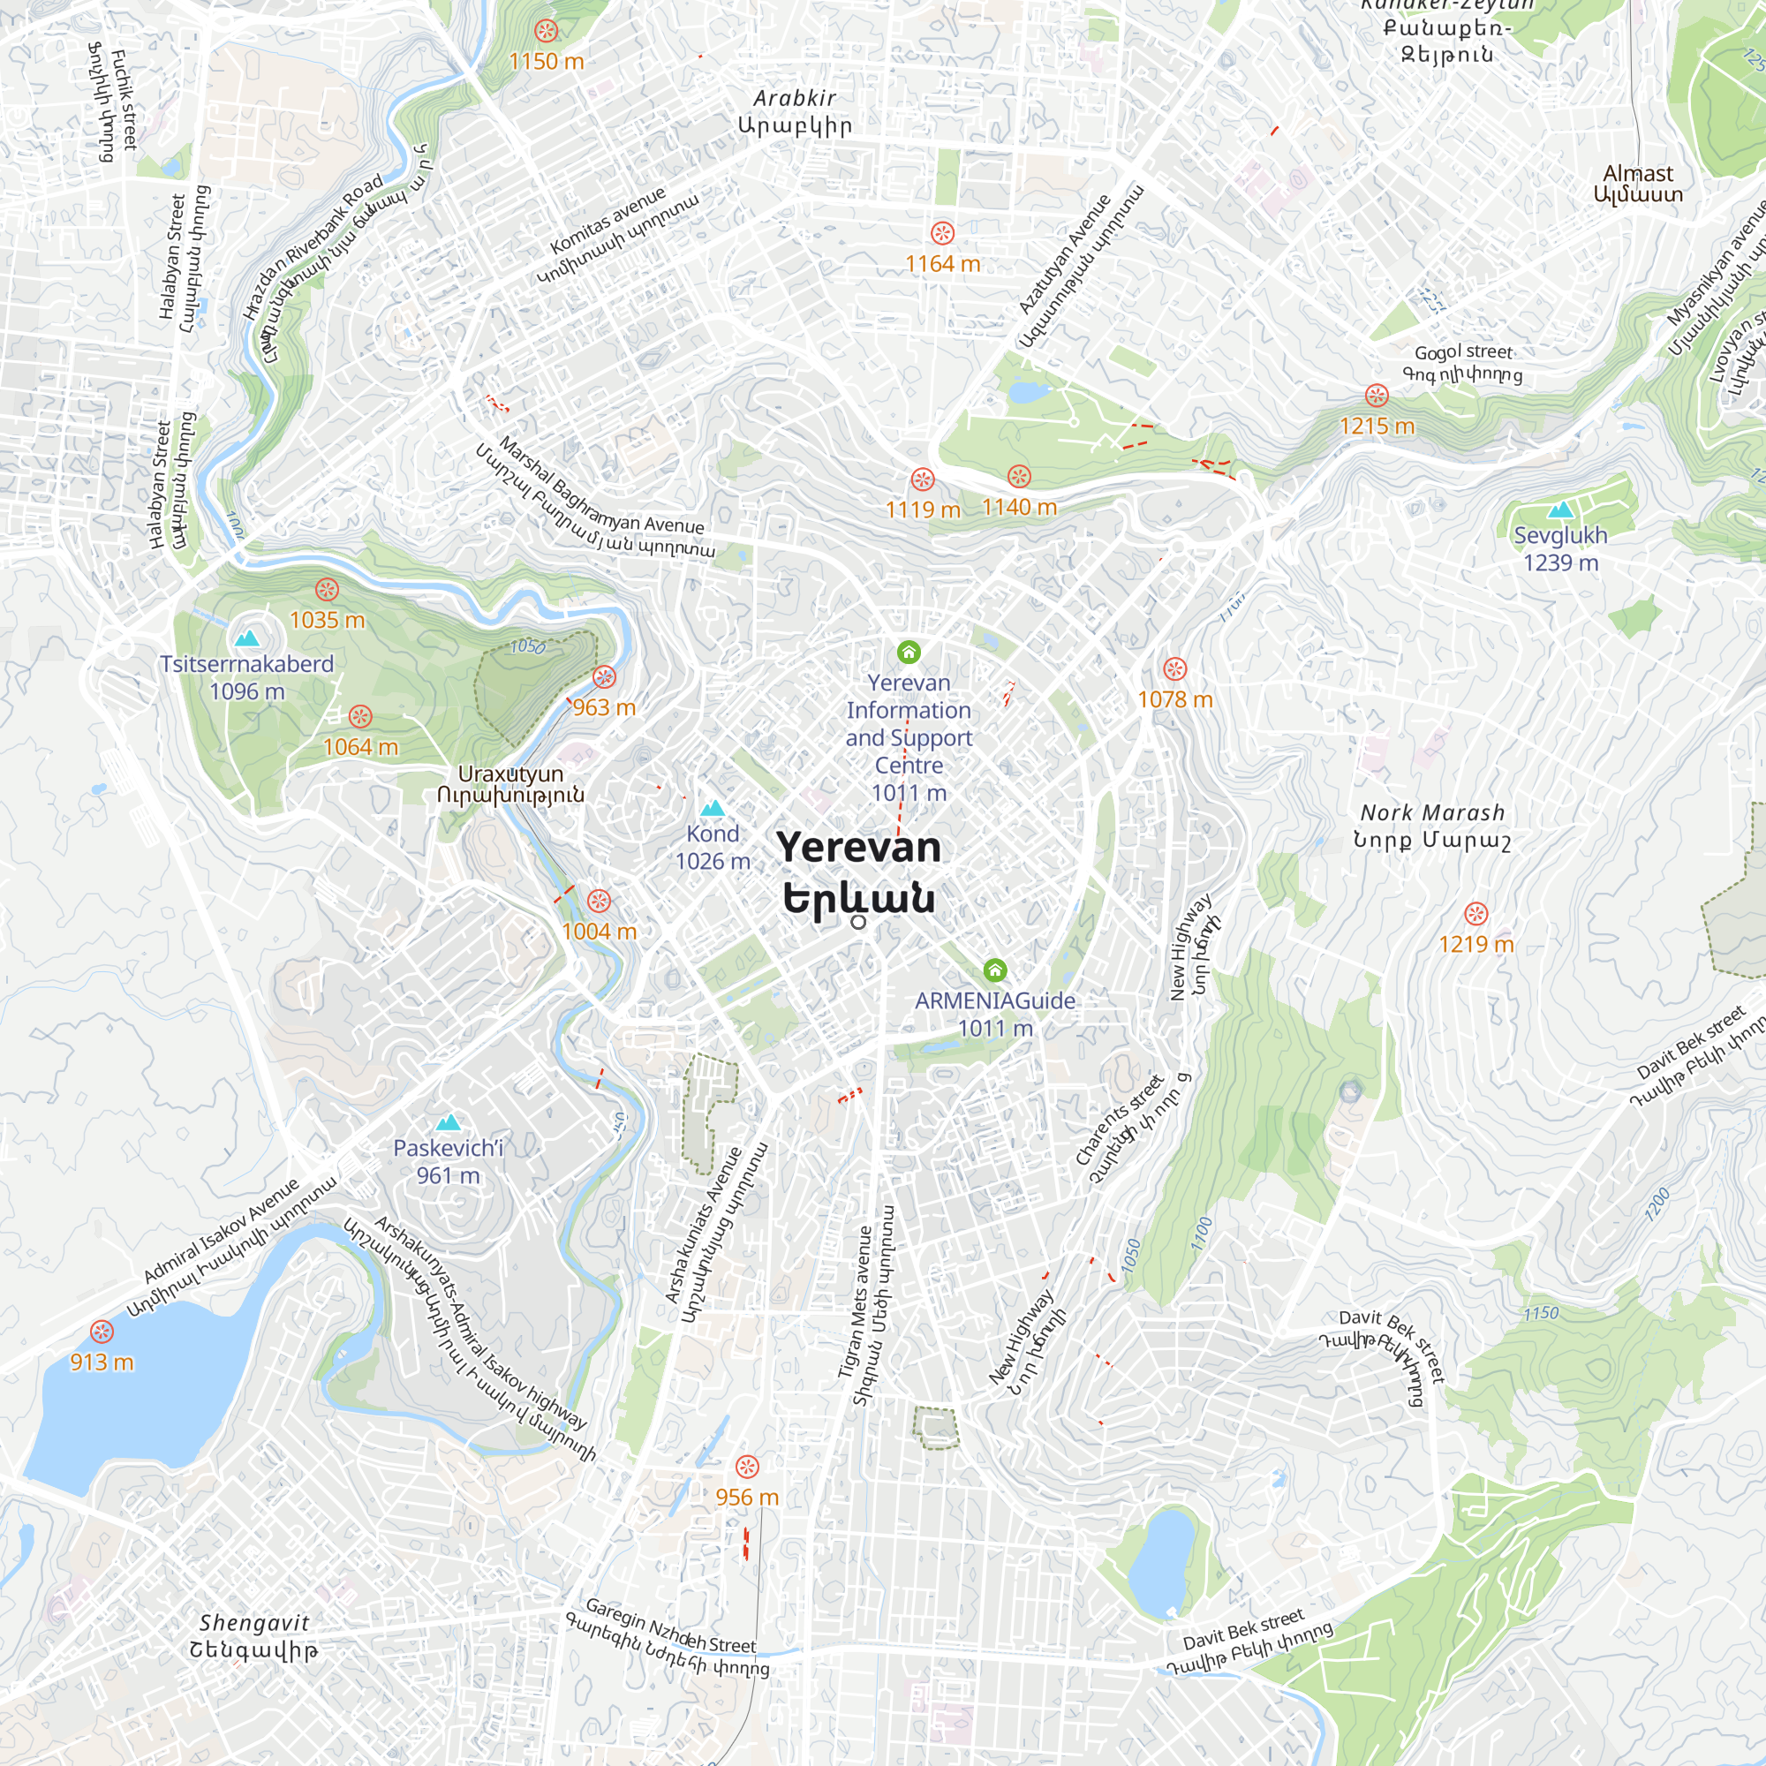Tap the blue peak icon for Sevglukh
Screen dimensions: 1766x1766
click(x=1560, y=509)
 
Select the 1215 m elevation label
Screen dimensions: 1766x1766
click(x=1377, y=426)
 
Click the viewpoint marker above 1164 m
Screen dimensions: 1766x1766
click(x=942, y=232)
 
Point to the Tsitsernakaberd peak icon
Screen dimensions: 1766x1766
click(x=247, y=638)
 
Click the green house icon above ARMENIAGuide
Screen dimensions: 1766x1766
click(x=994, y=970)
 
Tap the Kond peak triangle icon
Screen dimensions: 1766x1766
click(x=712, y=808)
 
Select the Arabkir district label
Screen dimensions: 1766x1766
click(x=795, y=111)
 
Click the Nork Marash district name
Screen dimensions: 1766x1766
click(x=1431, y=826)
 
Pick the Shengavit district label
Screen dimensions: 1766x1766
click(x=254, y=1635)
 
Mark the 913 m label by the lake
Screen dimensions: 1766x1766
click(x=102, y=1362)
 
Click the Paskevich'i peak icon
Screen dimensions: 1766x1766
click(x=448, y=1122)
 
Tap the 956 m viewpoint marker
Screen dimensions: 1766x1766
click(x=747, y=1467)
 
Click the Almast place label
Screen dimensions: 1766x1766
click(x=1637, y=183)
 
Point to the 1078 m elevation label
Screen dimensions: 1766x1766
click(x=1174, y=699)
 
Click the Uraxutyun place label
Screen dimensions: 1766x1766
click(x=510, y=783)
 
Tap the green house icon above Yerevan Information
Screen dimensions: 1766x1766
click(x=908, y=652)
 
